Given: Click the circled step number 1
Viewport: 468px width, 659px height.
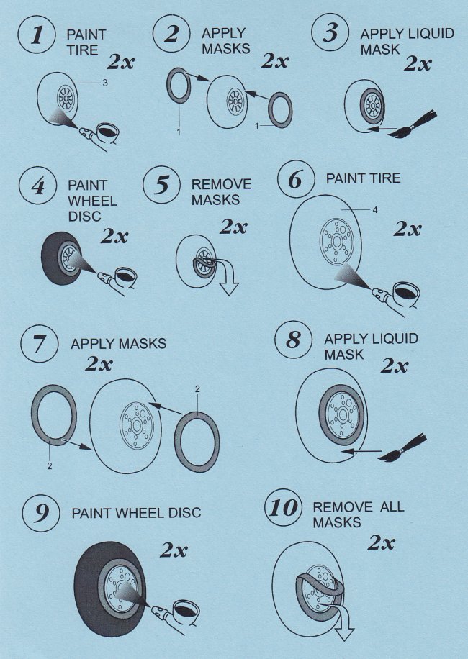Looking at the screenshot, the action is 37,35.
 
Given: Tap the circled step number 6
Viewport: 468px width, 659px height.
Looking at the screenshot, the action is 296,179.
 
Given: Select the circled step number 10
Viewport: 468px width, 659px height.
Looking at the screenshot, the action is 284,507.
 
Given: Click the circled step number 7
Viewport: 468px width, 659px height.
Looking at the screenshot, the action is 39,344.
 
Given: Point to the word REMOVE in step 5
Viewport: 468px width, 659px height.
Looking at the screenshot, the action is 221,184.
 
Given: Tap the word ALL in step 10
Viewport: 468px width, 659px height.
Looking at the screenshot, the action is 392,506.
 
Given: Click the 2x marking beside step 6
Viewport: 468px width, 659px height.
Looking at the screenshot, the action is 408,229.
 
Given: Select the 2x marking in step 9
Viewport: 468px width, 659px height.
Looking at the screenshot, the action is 174,550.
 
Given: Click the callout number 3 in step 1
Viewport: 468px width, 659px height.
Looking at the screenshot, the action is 105,83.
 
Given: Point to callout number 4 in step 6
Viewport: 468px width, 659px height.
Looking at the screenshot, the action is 375,210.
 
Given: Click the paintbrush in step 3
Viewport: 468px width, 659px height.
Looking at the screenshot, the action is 414,125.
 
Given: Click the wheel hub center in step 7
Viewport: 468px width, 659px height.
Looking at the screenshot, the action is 137,426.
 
